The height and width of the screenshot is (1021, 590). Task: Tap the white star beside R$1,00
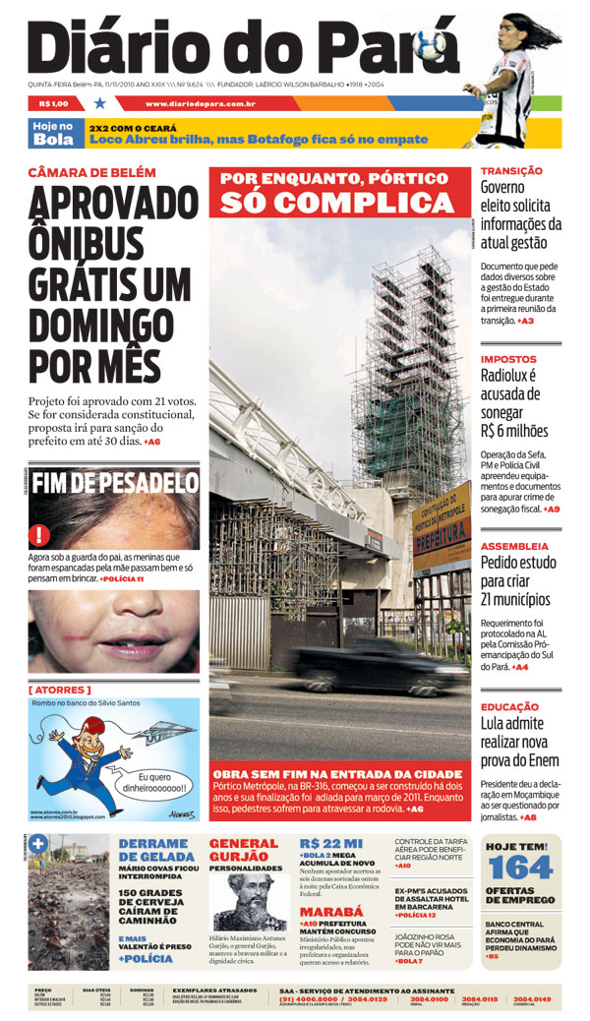pos(99,102)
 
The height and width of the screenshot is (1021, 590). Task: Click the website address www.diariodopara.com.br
pos(200,103)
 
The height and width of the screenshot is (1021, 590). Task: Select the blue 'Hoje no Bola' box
pos(53,133)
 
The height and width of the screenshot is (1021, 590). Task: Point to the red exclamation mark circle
pos(39,535)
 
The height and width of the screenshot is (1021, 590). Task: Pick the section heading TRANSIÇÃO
pos(511,171)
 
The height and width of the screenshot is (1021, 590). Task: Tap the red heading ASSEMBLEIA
pos(514,546)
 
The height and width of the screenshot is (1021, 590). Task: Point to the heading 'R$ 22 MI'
pos(331,843)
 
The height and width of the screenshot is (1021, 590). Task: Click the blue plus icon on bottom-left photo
pos(39,843)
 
